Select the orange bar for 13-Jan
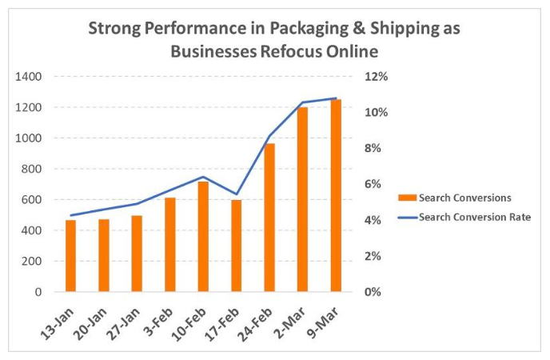coord(71,256)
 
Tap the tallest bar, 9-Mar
coord(336,195)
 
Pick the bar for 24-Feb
coord(269,218)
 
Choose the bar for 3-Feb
coord(170,245)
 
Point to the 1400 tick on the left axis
coord(29,77)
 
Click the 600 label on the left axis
coord(31,200)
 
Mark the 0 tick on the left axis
coord(38,292)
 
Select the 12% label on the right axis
coord(376,77)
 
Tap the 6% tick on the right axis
coord(373,184)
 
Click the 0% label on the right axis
coord(373,292)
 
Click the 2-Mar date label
coord(290,322)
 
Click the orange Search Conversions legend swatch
coord(407,198)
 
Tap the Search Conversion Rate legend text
coord(475,217)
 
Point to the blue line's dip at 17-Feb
coord(237,194)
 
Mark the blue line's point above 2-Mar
coord(303,102)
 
